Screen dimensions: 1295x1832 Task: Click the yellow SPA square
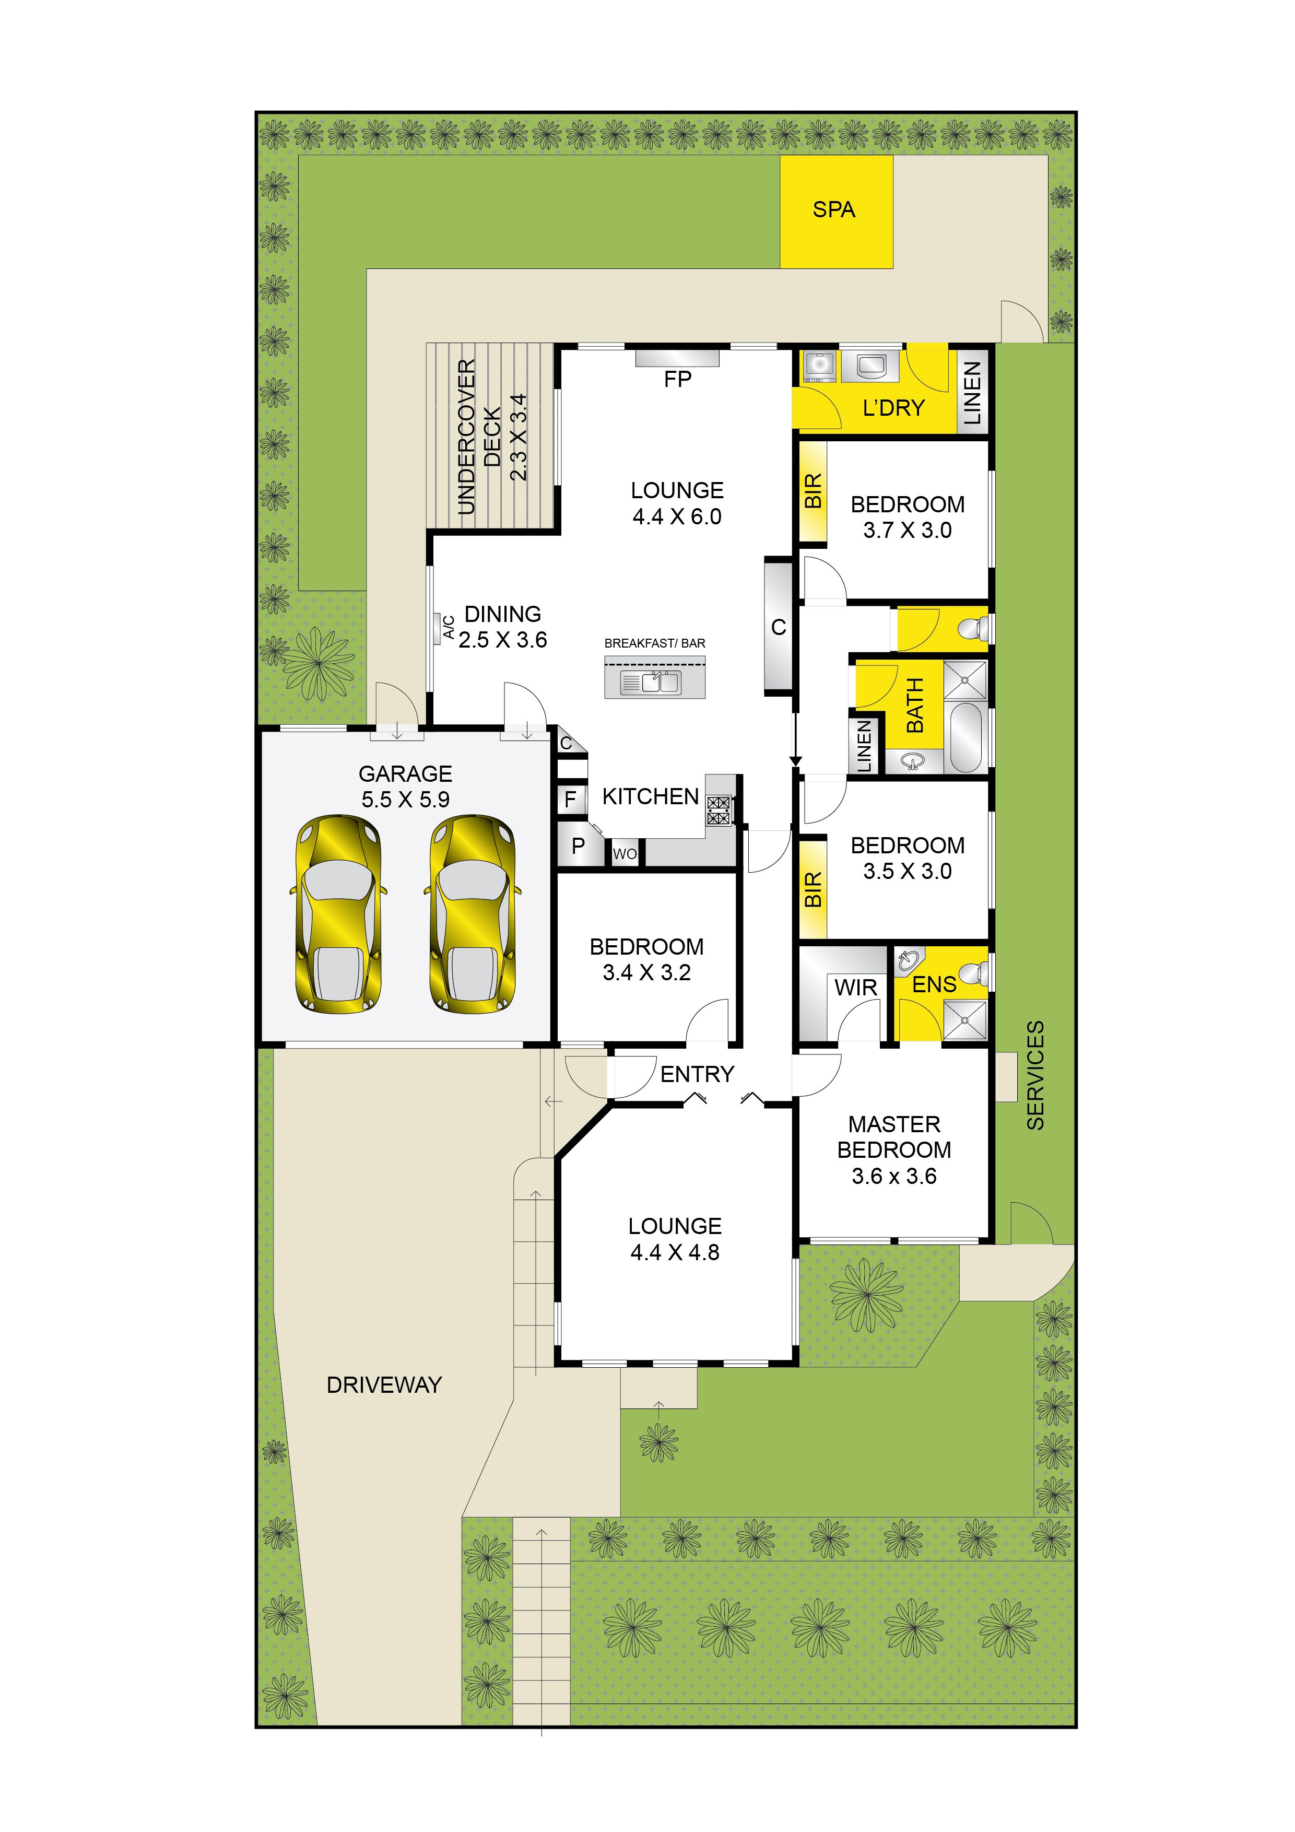(x=835, y=212)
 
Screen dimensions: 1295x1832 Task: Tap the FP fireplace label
(x=677, y=380)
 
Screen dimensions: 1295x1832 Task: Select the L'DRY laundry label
(x=893, y=408)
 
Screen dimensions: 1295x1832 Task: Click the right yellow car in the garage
(x=473, y=914)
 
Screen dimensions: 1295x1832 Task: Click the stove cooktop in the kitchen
(x=718, y=810)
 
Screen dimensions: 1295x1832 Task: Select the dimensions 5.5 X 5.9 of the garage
(x=405, y=800)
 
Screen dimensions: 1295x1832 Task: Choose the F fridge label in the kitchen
(x=570, y=800)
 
